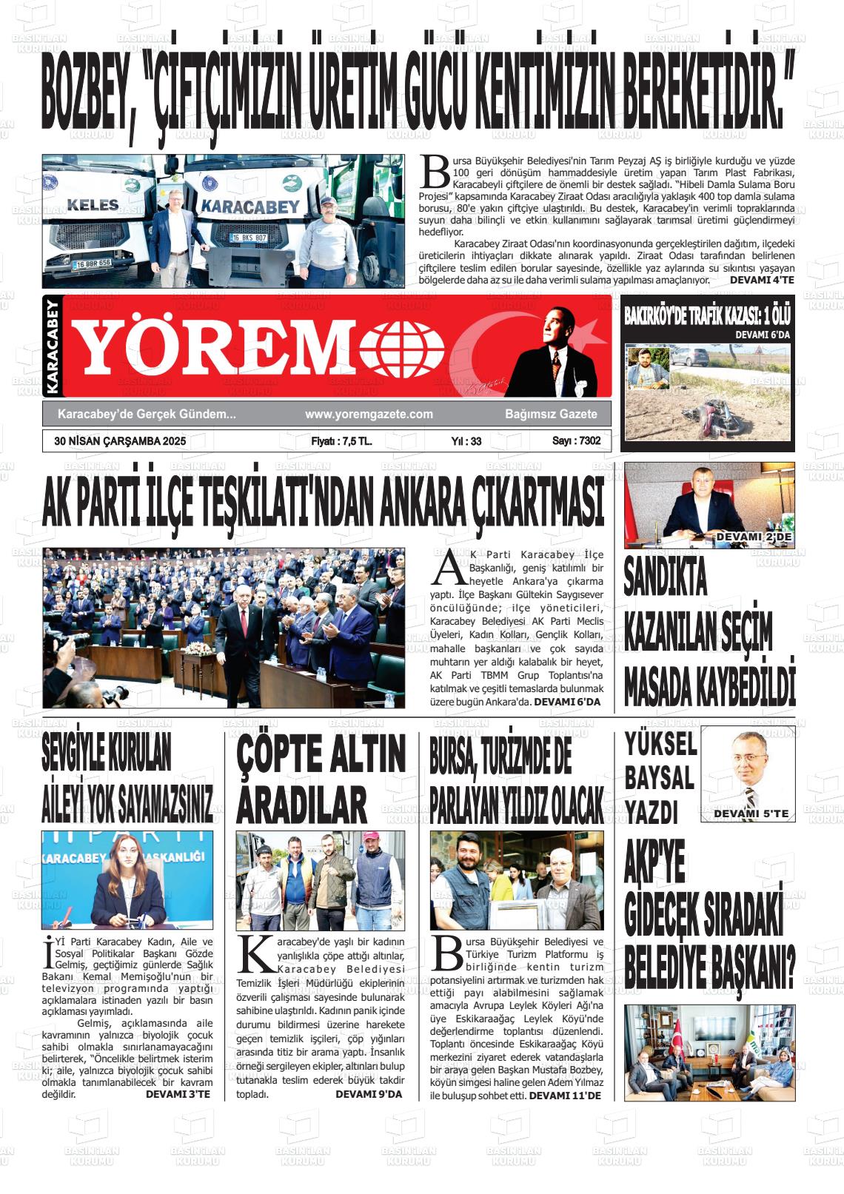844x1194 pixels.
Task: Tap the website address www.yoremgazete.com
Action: pyautogui.click(x=369, y=415)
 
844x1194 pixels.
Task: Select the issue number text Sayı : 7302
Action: pyautogui.click(x=576, y=441)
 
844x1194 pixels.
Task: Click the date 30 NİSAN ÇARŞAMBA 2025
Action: pyautogui.click(x=119, y=441)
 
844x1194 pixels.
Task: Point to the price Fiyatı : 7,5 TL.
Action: pyautogui.click(x=341, y=441)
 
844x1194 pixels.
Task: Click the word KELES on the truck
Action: pyautogui.click(x=93, y=204)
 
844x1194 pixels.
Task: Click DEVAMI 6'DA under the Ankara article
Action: pyautogui.click(x=567, y=701)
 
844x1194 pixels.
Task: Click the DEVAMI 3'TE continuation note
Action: pyautogui.click(x=178, y=1094)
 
